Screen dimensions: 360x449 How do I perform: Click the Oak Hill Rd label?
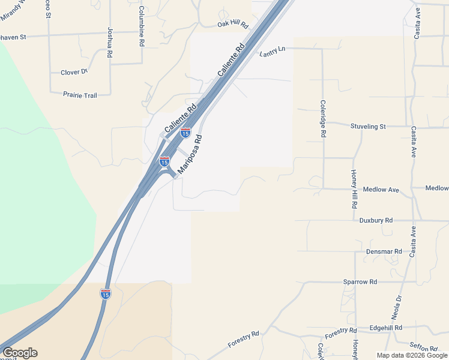coord(232,25)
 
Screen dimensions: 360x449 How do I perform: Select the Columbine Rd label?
coord(142,26)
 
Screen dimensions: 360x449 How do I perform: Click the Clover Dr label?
coord(74,73)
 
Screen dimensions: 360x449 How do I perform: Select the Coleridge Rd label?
coord(322,119)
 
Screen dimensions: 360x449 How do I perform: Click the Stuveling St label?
coord(368,127)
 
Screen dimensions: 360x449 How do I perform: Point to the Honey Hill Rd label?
coord(354,188)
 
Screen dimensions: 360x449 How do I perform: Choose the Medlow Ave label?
coord(381,190)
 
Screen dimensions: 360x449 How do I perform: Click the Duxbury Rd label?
coord(376,220)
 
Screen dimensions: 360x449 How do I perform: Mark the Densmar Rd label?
coord(384,251)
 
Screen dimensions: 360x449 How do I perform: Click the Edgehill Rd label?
coord(386,328)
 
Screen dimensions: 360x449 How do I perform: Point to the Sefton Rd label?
coord(424,347)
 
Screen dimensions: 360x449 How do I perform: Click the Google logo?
coord(20,353)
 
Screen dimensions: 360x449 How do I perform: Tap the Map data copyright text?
coord(412,355)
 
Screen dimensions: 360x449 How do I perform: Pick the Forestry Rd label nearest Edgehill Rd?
coord(341,331)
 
